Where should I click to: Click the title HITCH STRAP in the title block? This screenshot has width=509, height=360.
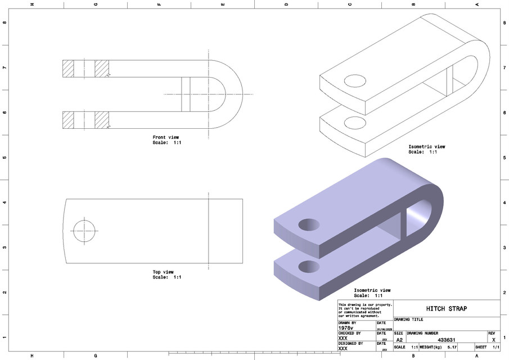pyautogui.click(x=446, y=309)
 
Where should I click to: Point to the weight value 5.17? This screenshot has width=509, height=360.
pyautogui.click(x=452, y=348)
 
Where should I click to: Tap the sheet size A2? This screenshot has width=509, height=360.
pyautogui.click(x=399, y=340)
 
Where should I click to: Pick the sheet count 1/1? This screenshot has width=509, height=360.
pyautogui.click(x=495, y=348)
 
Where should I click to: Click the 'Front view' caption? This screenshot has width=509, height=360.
pyautogui.click(x=166, y=137)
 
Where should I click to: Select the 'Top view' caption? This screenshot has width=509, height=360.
pyautogui.click(x=163, y=272)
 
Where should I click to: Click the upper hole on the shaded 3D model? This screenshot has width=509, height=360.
pyautogui.click(x=309, y=224)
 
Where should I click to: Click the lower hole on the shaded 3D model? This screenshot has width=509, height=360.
pyautogui.click(x=308, y=265)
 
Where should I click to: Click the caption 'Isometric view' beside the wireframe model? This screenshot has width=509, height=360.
pyautogui.click(x=426, y=147)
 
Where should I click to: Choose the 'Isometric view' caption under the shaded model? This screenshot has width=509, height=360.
pyautogui.click(x=372, y=290)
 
